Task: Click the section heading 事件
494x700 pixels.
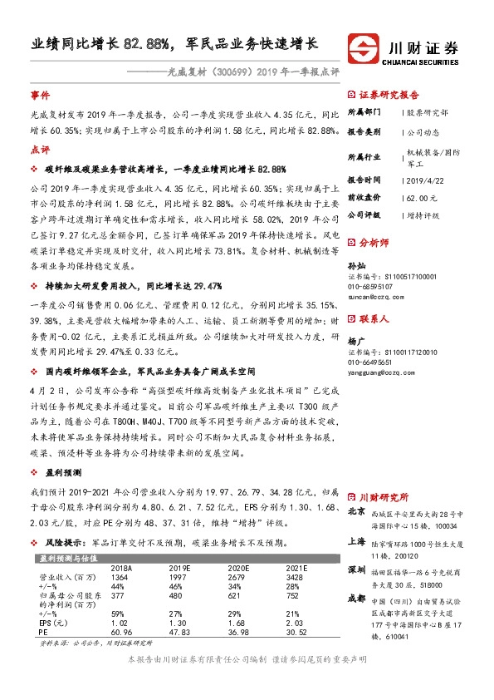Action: click(x=40, y=96)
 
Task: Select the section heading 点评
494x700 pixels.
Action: click(x=40, y=150)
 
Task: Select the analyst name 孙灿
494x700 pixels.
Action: click(x=355, y=266)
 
